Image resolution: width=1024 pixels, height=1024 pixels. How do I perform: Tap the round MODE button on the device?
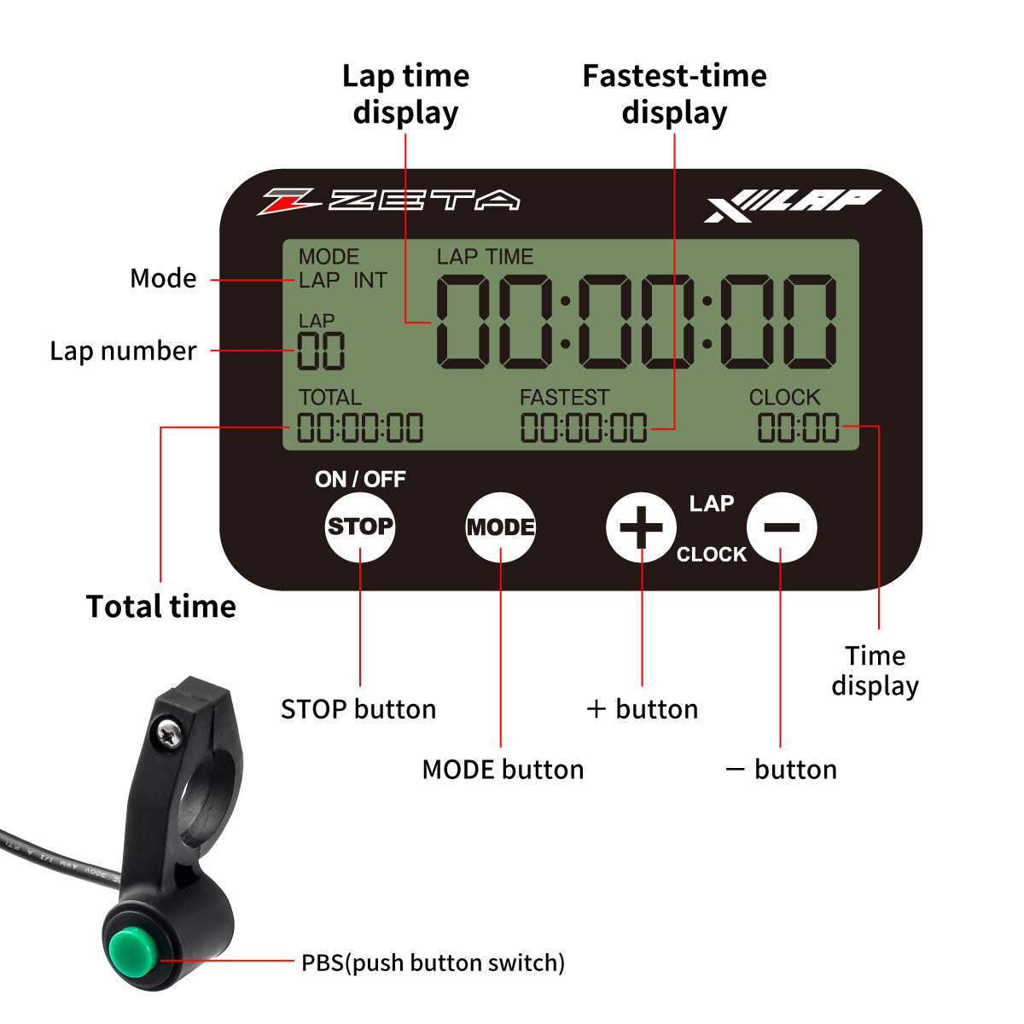[501, 527]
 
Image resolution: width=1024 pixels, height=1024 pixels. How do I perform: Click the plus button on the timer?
[641, 527]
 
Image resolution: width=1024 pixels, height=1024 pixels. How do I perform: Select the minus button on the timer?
[781, 527]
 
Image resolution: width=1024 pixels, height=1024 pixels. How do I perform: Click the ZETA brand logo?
[389, 201]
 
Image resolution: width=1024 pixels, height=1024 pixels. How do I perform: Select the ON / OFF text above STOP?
[360, 480]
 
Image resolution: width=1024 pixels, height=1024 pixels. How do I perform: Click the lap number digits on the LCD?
[321, 351]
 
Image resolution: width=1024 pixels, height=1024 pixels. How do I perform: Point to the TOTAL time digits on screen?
[360, 428]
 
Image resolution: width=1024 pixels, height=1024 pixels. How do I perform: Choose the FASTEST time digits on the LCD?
[584, 428]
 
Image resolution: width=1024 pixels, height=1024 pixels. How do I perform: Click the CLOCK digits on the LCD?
[799, 428]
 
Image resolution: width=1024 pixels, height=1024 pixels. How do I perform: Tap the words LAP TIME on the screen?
[485, 257]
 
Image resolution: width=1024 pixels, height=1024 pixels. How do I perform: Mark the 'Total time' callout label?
[161, 607]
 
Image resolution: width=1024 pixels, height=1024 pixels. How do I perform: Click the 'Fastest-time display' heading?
[674, 94]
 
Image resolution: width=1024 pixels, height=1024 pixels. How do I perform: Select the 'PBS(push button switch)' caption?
[433, 963]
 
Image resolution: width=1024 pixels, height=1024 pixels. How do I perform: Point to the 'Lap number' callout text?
[123, 351]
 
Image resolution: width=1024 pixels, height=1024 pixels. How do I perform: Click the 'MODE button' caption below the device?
[503, 770]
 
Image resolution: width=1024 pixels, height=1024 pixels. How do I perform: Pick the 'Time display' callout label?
[876, 671]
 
